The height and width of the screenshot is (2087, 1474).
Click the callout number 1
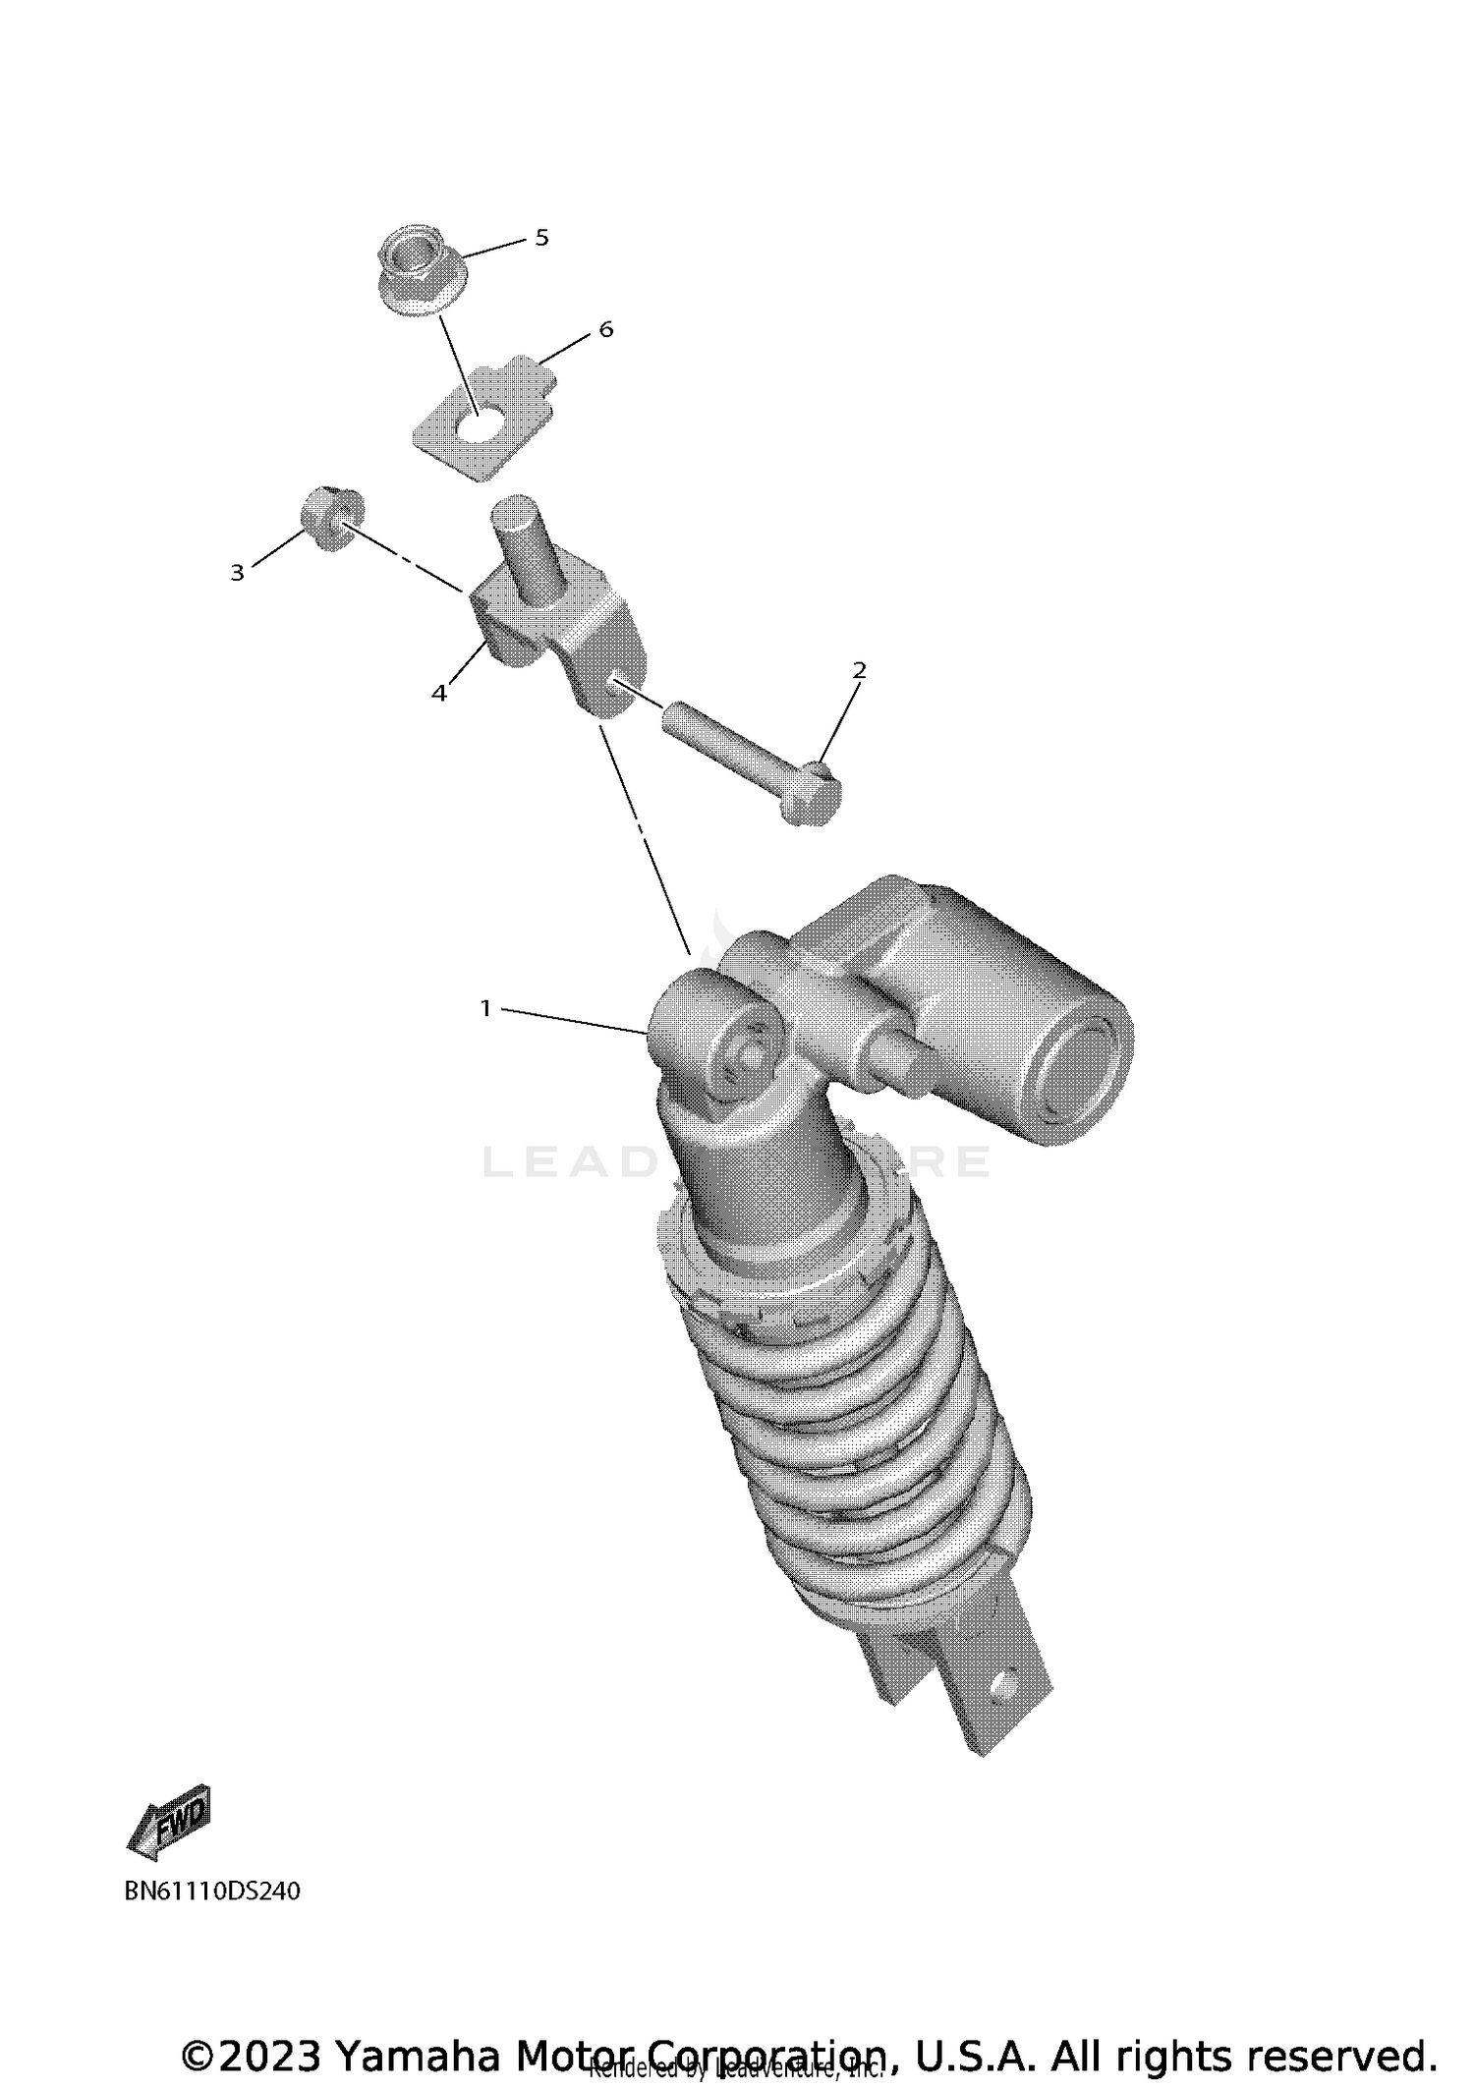click(484, 1008)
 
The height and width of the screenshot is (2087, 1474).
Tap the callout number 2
click(859, 671)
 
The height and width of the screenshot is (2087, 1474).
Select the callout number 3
click(237, 573)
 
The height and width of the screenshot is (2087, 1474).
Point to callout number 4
click(439, 694)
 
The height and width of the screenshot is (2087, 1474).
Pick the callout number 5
click(541, 238)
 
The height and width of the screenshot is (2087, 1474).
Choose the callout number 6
click(605, 330)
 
